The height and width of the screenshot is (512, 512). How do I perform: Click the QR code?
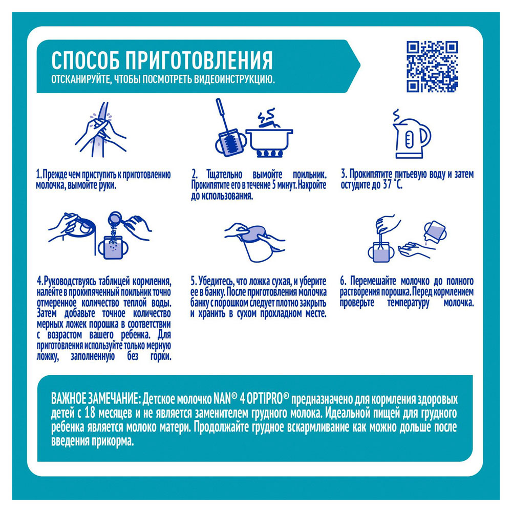point(432,66)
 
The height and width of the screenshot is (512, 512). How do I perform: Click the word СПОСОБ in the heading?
point(86,60)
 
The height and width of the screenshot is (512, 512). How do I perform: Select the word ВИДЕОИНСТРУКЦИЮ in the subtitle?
point(234,80)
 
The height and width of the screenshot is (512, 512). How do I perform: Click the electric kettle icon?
point(412,135)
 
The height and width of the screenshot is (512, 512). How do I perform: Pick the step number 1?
point(38,175)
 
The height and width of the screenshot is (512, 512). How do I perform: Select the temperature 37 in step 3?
point(387,184)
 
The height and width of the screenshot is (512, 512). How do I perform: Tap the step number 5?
point(194,282)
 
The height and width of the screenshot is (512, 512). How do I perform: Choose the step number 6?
point(343,281)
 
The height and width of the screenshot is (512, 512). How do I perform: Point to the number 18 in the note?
point(90,413)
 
